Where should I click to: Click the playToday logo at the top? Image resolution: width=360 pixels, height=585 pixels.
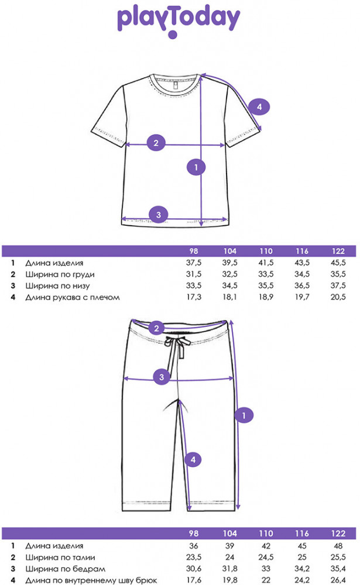click(x=179, y=21)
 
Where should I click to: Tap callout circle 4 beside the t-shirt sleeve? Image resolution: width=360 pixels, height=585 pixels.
click(x=259, y=106)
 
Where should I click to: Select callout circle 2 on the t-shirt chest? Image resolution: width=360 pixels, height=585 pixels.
click(x=156, y=143)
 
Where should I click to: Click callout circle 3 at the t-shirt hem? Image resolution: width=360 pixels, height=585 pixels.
click(x=158, y=215)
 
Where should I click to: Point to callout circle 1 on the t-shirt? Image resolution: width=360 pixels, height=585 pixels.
click(x=196, y=167)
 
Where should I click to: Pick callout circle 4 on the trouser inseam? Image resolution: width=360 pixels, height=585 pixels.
click(x=193, y=460)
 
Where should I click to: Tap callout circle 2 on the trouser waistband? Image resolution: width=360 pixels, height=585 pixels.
click(x=157, y=328)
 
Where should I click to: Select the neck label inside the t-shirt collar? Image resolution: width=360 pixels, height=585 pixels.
click(x=175, y=85)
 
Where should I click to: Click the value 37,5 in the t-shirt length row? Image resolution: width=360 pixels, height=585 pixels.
click(x=194, y=263)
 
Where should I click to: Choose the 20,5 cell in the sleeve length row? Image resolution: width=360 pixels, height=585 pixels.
click(x=338, y=297)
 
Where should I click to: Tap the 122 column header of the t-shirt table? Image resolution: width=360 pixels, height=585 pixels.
click(x=338, y=251)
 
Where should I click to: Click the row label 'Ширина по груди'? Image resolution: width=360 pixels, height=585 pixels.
click(x=60, y=274)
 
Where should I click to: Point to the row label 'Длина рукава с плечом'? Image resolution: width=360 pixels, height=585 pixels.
click(x=73, y=297)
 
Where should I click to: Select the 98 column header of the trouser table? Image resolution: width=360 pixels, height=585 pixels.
click(x=194, y=534)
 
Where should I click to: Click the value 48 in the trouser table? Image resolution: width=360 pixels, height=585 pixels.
click(x=338, y=546)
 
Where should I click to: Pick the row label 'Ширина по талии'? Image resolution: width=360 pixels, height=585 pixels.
click(x=60, y=558)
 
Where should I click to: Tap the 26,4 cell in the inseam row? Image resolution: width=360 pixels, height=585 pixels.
click(x=338, y=580)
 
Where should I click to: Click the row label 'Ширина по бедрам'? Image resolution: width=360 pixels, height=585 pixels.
click(x=66, y=569)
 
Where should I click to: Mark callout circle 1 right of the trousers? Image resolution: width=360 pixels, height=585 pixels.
click(x=244, y=415)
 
